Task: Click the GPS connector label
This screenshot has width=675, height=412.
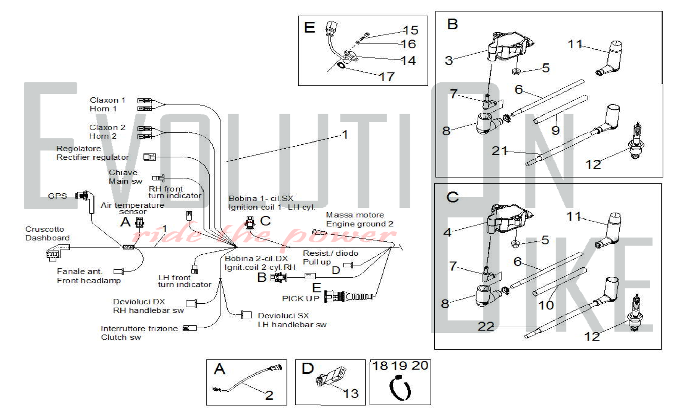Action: click(57, 196)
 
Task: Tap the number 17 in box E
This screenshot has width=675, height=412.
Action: click(387, 77)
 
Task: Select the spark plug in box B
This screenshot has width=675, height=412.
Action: click(636, 142)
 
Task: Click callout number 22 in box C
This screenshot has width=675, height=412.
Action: click(486, 326)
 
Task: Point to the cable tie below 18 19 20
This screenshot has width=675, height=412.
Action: click(400, 389)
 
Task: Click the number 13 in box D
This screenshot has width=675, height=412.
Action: click(351, 394)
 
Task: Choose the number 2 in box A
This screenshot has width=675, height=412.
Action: click(269, 395)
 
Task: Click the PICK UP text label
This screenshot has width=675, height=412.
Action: click(300, 299)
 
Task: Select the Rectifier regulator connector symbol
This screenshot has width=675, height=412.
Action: click(150, 157)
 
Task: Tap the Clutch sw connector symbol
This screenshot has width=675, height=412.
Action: click(189, 328)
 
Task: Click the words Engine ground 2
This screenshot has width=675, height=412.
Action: click(359, 224)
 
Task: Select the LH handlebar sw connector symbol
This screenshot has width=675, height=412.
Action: click(246, 315)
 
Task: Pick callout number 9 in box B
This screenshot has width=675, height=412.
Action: click(556, 130)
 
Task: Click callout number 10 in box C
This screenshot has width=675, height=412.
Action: click(546, 305)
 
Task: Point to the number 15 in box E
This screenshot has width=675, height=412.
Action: click(411, 30)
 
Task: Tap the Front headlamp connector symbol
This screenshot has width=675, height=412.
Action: click(118, 272)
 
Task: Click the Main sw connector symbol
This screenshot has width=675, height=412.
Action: click(158, 178)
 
